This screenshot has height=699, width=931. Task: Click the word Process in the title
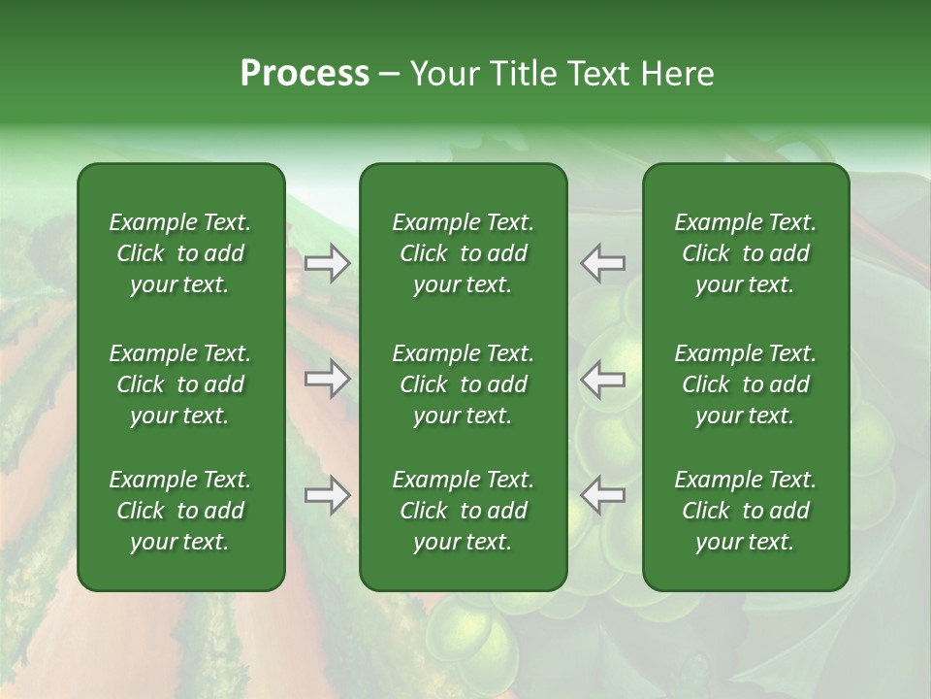click(305, 74)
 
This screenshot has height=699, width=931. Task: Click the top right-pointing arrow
click(327, 263)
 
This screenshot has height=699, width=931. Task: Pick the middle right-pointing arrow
click(327, 379)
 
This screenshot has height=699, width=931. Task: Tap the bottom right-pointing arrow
click(327, 495)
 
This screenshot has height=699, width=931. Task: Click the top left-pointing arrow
click(602, 263)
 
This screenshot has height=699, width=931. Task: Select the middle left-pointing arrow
click(602, 379)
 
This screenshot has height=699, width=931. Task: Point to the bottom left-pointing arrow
click(602, 495)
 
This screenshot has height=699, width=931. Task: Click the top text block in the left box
click(180, 253)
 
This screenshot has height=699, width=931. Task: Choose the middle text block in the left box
click(180, 384)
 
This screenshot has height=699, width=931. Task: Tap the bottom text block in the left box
click(180, 511)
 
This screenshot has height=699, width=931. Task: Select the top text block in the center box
click(463, 253)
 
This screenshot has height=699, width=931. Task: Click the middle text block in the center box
click(463, 384)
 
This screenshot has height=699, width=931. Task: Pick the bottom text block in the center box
click(463, 511)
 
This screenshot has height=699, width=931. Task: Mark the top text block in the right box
click(745, 253)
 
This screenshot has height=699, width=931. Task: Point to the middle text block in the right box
click(745, 384)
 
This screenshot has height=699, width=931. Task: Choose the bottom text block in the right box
click(745, 511)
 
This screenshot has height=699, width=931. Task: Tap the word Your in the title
click(442, 74)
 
